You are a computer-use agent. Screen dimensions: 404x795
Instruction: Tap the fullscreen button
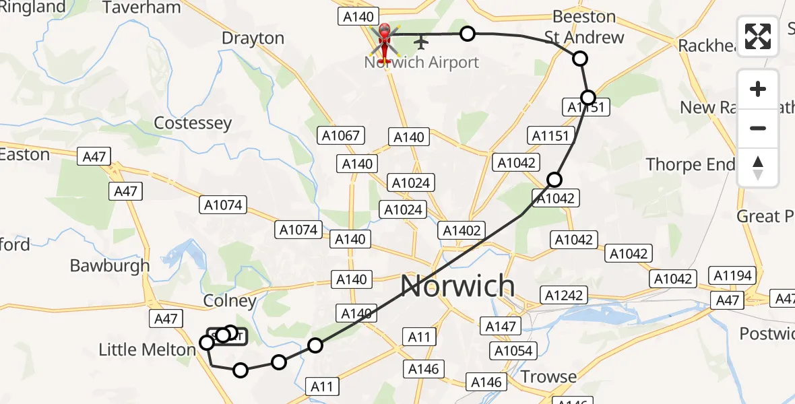(x=758, y=36)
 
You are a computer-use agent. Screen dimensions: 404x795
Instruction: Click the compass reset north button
(x=758, y=168)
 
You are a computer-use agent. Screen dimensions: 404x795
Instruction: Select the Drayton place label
(x=253, y=38)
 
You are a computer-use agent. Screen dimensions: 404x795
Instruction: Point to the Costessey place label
(x=193, y=123)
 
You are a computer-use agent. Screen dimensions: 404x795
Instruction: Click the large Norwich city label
(x=457, y=287)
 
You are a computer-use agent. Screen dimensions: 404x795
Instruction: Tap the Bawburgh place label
(x=110, y=265)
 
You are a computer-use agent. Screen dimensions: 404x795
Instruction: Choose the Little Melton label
(x=147, y=349)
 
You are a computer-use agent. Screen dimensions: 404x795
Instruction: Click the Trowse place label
(x=548, y=376)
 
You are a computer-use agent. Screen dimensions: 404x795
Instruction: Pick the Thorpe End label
(x=691, y=164)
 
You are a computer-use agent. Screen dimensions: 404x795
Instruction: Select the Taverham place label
(x=141, y=8)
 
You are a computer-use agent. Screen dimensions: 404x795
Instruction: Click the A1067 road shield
(x=341, y=136)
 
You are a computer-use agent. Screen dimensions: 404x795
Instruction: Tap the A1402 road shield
(x=462, y=231)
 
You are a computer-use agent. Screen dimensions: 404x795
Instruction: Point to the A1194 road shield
(x=734, y=275)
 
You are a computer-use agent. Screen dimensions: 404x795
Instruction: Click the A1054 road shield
(x=514, y=351)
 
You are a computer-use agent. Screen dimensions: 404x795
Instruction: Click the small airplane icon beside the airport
(x=422, y=42)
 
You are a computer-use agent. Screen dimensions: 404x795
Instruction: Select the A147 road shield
(x=501, y=327)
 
